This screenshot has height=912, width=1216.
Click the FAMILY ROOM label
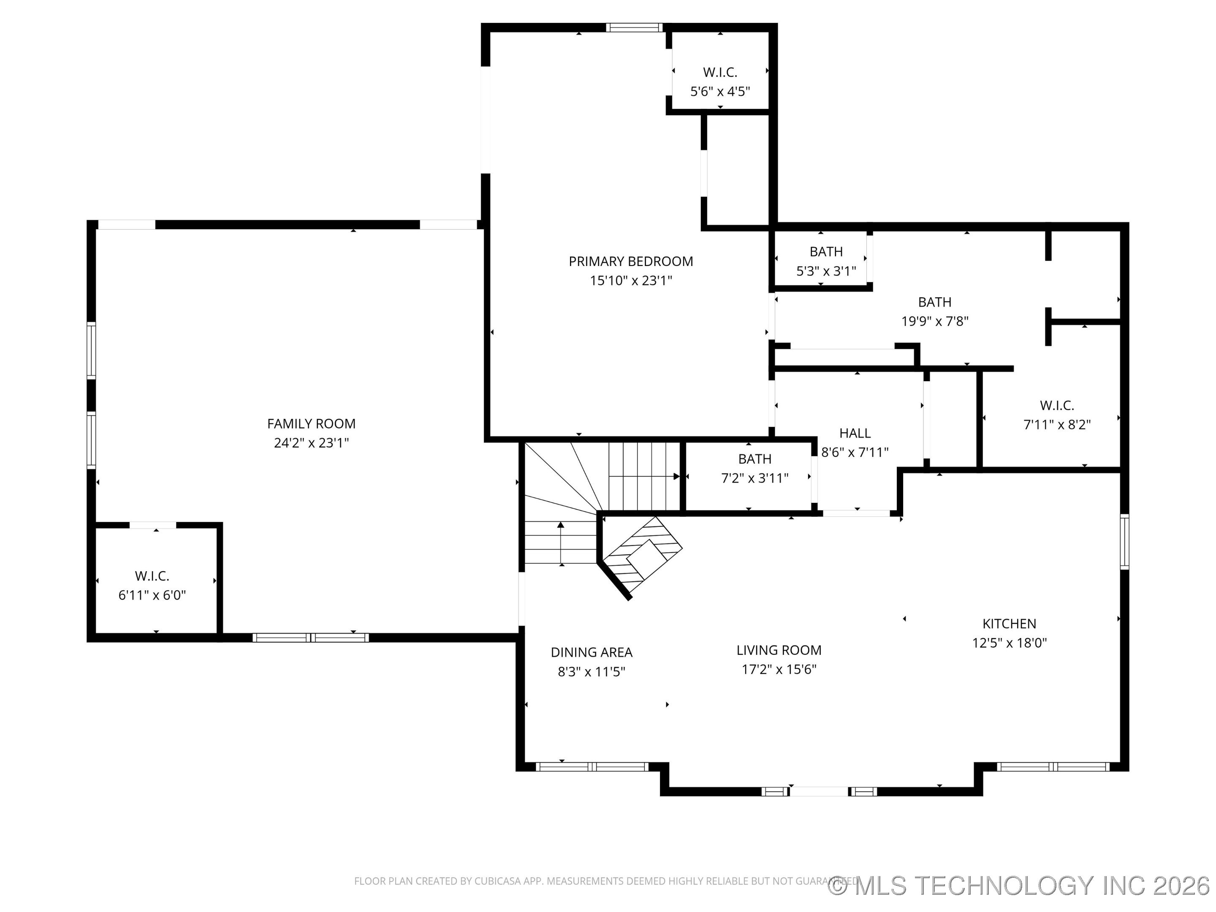(x=311, y=424)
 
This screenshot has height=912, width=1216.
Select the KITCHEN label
(x=1009, y=623)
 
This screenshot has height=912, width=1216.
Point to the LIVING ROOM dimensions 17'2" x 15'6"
(x=779, y=669)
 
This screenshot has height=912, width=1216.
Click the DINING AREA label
(x=592, y=652)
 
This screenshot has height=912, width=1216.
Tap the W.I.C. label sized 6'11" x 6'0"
(x=152, y=576)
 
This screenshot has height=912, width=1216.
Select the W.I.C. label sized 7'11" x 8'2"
(x=1056, y=406)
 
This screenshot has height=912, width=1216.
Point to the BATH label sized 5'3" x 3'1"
(x=826, y=252)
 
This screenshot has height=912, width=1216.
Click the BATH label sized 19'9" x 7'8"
(x=934, y=302)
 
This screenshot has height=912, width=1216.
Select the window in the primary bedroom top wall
(x=634, y=27)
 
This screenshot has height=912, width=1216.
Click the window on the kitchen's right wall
(x=1124, y=541)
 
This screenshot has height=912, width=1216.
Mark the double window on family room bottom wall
(x=311, y=638)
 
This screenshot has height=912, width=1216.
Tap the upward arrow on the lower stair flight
(x=561, y=541)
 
